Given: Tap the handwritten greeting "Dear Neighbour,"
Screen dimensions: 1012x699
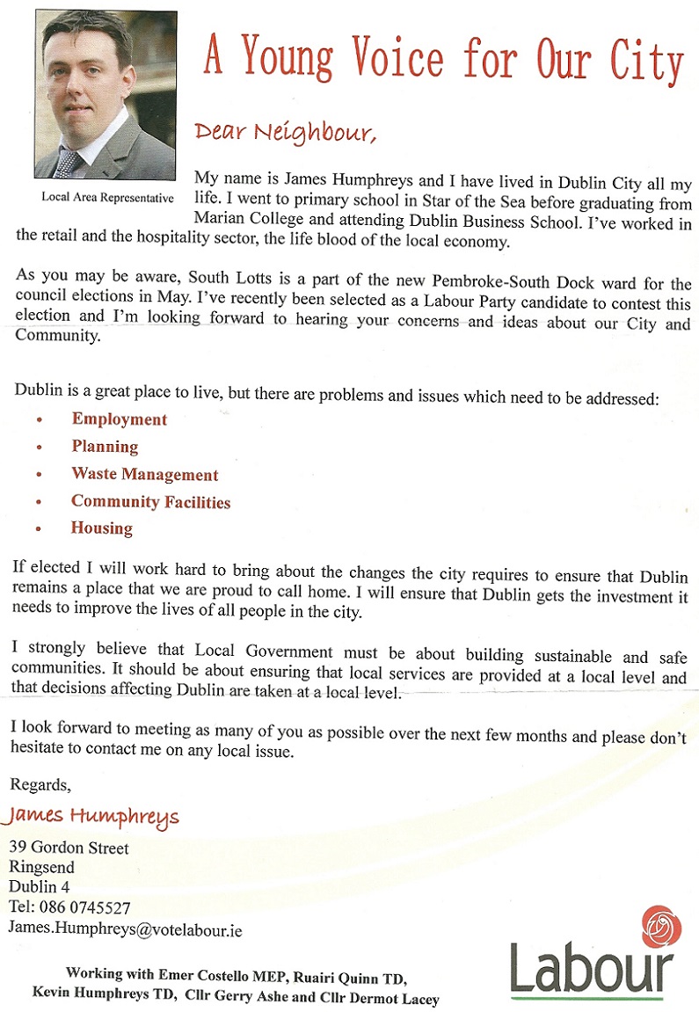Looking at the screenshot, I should [x=285, y=132].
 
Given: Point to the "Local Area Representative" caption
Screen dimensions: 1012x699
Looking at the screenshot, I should [x=107, y=197].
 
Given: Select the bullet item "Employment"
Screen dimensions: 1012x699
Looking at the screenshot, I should [x=120, y=419].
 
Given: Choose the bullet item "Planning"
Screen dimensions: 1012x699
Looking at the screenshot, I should [x=105, y=447].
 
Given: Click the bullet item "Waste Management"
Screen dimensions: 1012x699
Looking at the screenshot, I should [x=145, y=475].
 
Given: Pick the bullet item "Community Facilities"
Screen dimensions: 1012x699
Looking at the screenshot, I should [x=150, y=502].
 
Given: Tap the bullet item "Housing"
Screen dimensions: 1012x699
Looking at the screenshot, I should [x=102, y=528].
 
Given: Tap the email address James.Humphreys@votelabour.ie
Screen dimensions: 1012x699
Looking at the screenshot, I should [x=125, y=928].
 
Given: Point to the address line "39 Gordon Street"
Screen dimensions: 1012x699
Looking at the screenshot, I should [x=69, y=848].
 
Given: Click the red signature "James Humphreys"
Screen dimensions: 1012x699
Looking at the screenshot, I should [x=91, y=816].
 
